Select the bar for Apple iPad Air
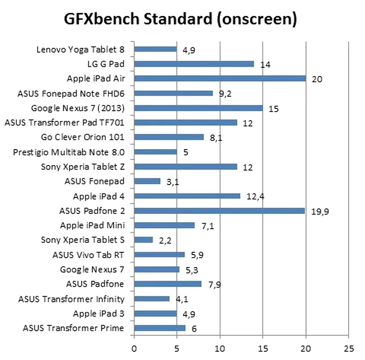(220, 79)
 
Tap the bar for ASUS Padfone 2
(220, 210)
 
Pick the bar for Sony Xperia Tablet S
(143, 240)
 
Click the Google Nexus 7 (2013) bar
(198, 108)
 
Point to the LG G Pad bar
(194, 64)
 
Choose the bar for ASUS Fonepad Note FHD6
(174, 93)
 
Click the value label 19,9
(320, 211)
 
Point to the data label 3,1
(173, 182)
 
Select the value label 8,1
(216, 137)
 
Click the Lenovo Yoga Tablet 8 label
(81, 49)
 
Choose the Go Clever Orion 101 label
(83, 137)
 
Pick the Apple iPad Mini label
(93, 225)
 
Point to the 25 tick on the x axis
(349, 348)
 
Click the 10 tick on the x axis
(220, 348)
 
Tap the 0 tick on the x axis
(134, 348)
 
